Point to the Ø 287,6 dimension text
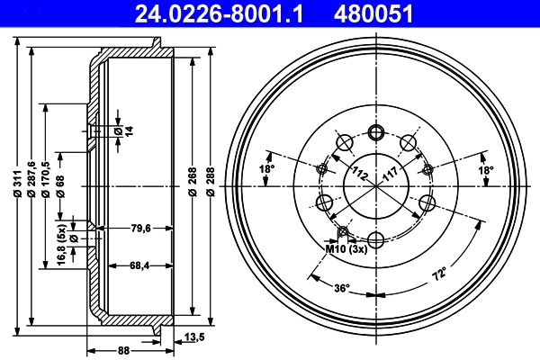(33, 184)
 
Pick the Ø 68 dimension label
(60, 184)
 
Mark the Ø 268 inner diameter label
(193, 184)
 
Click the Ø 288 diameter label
(210, 184)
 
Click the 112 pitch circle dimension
(361, 173)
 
